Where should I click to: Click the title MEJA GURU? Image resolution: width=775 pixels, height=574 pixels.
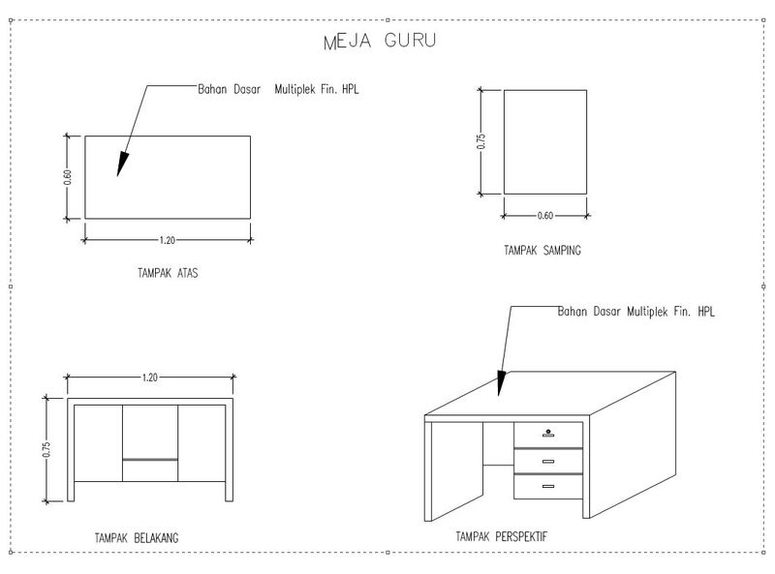(379, 42)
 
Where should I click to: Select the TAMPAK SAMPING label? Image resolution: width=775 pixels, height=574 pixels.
(542, 251)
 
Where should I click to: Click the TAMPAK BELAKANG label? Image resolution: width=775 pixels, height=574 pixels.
(137, 537)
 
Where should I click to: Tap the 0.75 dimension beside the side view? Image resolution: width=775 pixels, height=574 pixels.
(480, 141)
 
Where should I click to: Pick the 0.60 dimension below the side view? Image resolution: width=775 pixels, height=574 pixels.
(545, 215)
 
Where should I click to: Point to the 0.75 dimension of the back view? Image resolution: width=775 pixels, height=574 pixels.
(46, 449)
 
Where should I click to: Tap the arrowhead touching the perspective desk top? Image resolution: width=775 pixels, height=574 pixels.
(501, 384)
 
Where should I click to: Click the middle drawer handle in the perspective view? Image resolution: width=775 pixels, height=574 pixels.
(548, 460)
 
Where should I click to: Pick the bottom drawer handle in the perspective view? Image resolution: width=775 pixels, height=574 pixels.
(548, 485)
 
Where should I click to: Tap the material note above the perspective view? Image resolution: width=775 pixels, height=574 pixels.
(635, 313)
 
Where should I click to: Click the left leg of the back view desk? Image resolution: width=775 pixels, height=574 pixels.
(70, 450)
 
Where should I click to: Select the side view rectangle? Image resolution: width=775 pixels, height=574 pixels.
(545, 141)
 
